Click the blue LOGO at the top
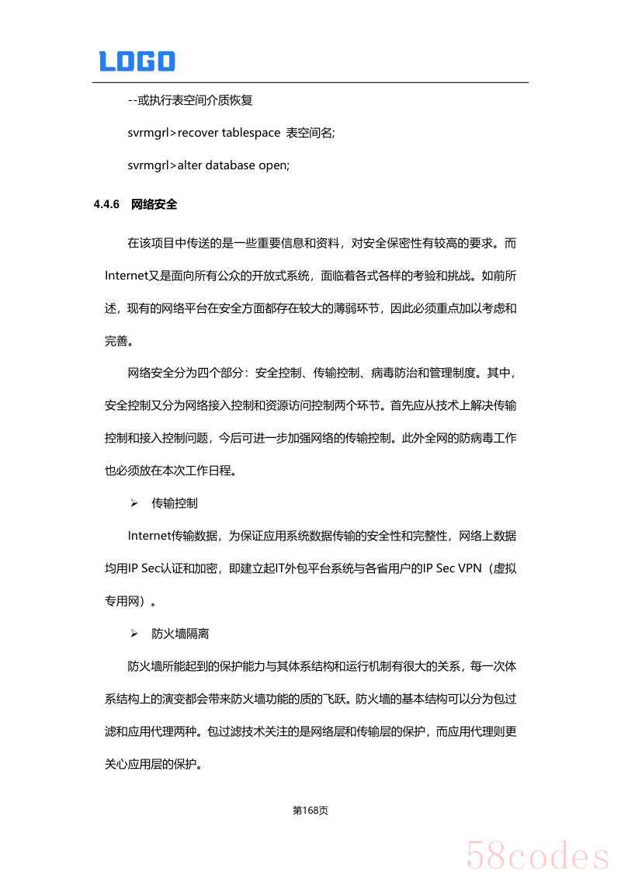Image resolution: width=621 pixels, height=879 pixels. pyautogui.click(x=137, y=61)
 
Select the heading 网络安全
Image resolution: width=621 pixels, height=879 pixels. pyautogui.click(x=154, y=205)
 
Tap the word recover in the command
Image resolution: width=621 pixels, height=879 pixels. pyautogui.click(x=198, y=133)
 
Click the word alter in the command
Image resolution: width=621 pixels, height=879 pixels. pyautogui.click(x=189, y=165)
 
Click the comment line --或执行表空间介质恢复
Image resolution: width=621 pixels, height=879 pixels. pyautogui.click(x=190, y=100)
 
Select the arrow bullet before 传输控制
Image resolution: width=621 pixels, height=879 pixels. pyautogui.click(x=134, y=504)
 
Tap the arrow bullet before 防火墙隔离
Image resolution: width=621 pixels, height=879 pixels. pyautogui.click(x=134, y=634)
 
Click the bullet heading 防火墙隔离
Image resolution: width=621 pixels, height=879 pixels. pyautogui.click(x=180, y=634)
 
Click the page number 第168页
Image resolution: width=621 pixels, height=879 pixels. pyautogui.click(x=310, y=810)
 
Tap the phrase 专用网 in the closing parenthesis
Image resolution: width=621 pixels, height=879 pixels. pyautogui.click(x=120, y=600)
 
